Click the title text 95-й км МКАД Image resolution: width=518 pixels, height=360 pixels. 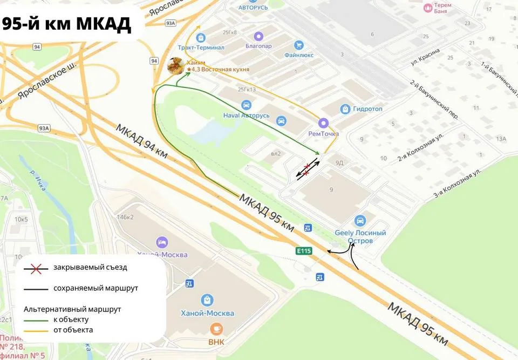click(67, 23)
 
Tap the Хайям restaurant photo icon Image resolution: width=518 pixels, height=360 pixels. click(175, 65)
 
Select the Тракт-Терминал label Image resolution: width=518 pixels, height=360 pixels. click(205, 47)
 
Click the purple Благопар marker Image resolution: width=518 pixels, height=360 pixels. click(259, 36)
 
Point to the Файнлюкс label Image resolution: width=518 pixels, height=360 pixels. click(299, 55)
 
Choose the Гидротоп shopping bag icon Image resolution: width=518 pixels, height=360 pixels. click(345, 109)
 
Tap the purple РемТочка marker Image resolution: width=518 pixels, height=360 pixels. click(323, 123)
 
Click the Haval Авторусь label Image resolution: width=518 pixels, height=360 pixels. click(246, 116)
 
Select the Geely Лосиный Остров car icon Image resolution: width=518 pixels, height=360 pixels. click(360, 220)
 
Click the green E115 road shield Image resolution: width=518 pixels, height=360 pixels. click(304, 250)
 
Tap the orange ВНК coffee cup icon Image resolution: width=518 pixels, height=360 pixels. click(215, 328)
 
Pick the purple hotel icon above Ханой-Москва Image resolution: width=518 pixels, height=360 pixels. click(161, 242)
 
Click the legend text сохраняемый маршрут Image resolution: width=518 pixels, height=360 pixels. click(96, 288)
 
